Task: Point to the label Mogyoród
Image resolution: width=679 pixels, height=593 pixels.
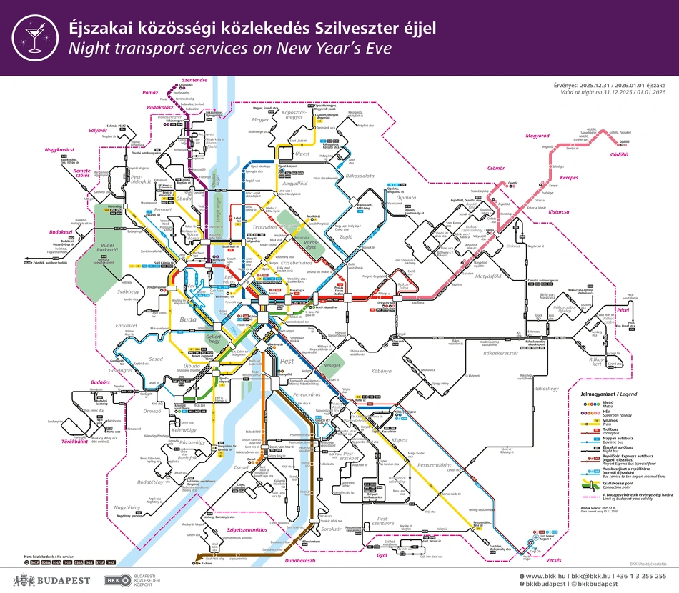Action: click(x=537, y=135)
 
